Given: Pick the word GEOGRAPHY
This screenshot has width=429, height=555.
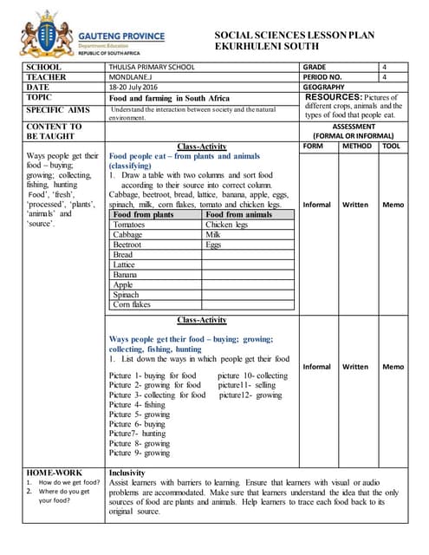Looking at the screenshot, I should click(326, 88).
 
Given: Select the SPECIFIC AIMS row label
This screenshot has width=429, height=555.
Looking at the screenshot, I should click(58, 111).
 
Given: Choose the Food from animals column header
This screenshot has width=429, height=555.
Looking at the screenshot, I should click(238, 214).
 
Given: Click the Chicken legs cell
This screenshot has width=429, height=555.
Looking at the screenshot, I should click(226, 225).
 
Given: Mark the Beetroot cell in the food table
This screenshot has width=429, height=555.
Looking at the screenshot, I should click(129, 245).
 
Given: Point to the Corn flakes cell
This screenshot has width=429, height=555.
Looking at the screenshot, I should click(132, 304).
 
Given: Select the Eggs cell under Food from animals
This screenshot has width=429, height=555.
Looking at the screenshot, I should click(213, 245).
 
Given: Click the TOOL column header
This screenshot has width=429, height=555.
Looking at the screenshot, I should click(393, 147).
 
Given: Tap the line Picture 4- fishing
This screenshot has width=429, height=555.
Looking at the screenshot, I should click(137, 404).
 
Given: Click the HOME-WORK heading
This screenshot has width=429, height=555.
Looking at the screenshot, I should click(54, 473).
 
